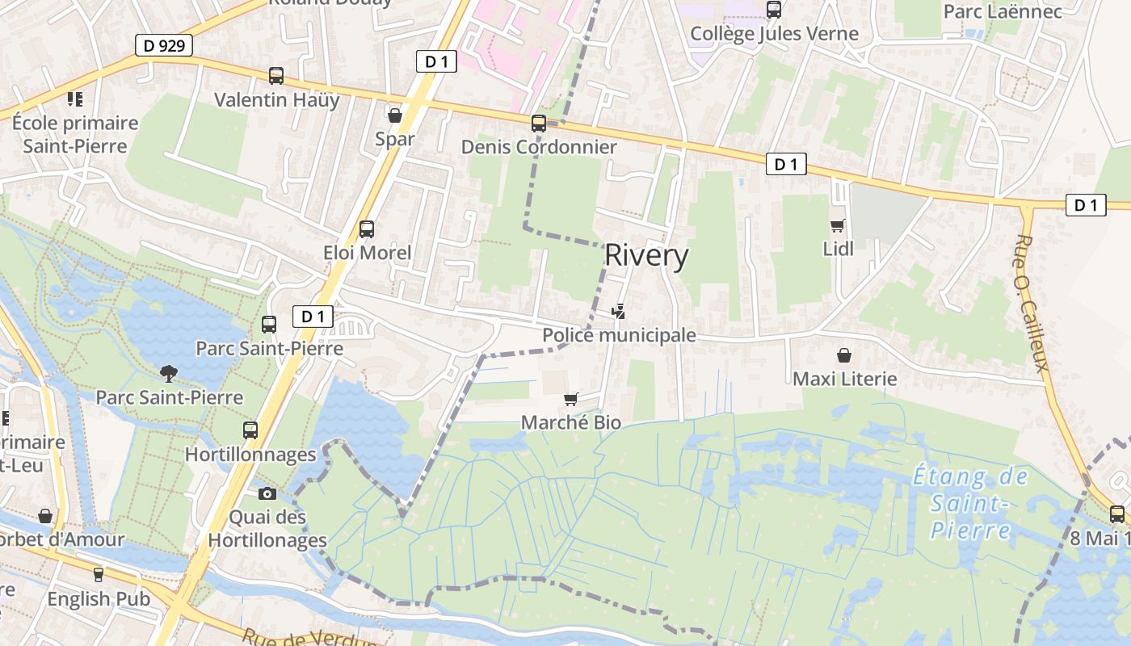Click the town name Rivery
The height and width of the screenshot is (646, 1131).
(646, 256)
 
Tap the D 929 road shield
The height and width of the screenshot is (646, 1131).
(164, 46)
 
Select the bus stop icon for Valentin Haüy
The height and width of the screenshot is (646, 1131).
(276, 76)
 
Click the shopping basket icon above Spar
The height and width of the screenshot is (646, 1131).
(395, 115)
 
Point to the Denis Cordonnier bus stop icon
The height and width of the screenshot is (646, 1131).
(539, 124)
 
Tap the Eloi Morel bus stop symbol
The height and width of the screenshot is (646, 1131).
(367, 229)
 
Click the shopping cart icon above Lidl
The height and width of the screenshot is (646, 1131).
(838, 225)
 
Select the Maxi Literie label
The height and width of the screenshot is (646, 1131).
(844, 379)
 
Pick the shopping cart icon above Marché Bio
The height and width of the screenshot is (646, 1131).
(571, 399)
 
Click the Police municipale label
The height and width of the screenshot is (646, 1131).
(619, 335)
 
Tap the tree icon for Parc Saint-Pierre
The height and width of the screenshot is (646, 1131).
(169, 373)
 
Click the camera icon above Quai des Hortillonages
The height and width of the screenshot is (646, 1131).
(267, 493)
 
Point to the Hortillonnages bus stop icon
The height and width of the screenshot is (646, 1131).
(250, 430)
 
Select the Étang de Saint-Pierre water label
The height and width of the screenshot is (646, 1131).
(969, 503)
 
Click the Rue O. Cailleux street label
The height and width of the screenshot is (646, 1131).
(1032, 303)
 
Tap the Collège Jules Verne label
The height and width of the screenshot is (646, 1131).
(774, 34)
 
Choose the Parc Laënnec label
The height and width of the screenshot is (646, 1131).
(1003, 11)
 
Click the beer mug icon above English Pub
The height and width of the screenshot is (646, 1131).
(99, 574)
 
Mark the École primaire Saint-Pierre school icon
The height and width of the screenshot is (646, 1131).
(75, 99)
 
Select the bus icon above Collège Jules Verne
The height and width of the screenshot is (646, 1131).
(774, 10)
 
